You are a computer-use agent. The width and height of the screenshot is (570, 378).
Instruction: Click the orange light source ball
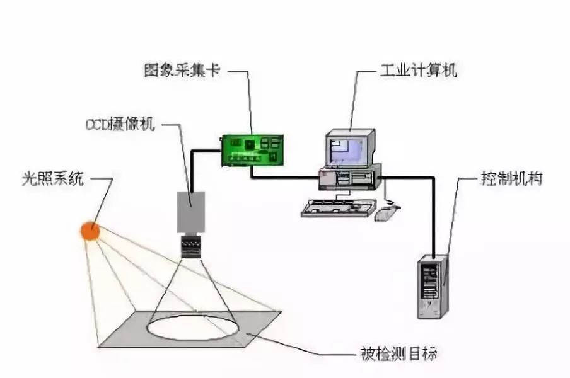point(90,231)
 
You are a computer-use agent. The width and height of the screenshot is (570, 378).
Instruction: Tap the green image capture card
point(255,149)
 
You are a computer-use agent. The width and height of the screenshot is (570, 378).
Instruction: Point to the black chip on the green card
point(251,144)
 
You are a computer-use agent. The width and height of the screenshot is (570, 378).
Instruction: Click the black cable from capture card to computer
point(284,178)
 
